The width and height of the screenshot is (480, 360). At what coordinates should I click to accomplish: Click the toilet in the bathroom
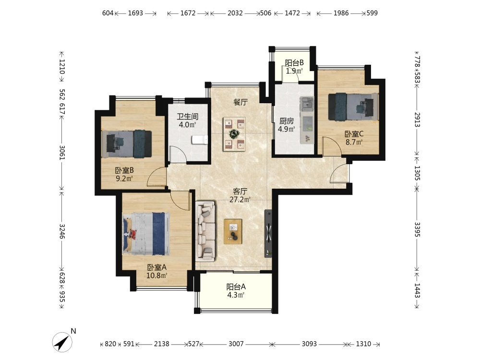(x=200, y=140)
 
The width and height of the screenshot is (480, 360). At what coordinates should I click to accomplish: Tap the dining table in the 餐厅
(x=234, y=134)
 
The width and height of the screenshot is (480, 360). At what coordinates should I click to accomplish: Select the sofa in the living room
(x=205, y=231)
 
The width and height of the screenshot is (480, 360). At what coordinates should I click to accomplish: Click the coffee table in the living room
(x=233, y=231)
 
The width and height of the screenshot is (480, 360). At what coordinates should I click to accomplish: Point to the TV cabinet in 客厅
(x=268, y=233)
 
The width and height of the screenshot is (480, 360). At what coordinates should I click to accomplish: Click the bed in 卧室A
(x=146, y=234)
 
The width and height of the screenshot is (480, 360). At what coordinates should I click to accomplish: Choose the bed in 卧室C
(x=353, y=107)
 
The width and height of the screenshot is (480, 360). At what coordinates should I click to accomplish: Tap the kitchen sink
(x=307, y=104)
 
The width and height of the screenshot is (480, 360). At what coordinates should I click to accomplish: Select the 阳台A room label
(x=236, y=287)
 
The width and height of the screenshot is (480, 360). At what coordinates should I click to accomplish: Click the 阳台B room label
(x=294, y=63)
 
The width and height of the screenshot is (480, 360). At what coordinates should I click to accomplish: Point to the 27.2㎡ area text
(x=240, y=200)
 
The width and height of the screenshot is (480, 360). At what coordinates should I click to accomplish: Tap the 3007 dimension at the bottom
(x=236, y=344)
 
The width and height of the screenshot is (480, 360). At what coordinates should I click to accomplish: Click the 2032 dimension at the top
(x=235, y=13)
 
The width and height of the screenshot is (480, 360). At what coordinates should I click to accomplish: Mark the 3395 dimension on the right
(x=417, y=229)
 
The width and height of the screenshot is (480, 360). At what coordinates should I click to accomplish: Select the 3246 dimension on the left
(x=62, y=231)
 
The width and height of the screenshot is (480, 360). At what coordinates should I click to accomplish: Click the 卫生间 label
(x=188, y=117)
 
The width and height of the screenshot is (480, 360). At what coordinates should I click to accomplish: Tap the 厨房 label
(x=287, y=121)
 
